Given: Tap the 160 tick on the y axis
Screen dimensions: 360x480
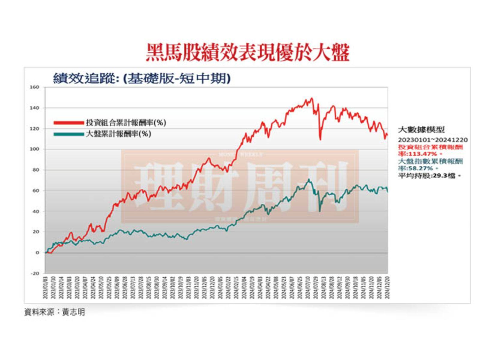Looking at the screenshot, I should click(35, 88).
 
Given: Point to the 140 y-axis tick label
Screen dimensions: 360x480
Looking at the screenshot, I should click(35, 108).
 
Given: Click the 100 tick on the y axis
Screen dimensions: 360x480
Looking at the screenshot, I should click(35, 149).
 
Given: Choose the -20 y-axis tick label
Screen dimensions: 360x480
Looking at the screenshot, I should click(35, 273).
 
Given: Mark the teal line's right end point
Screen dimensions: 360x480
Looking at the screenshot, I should click(387, 191).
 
